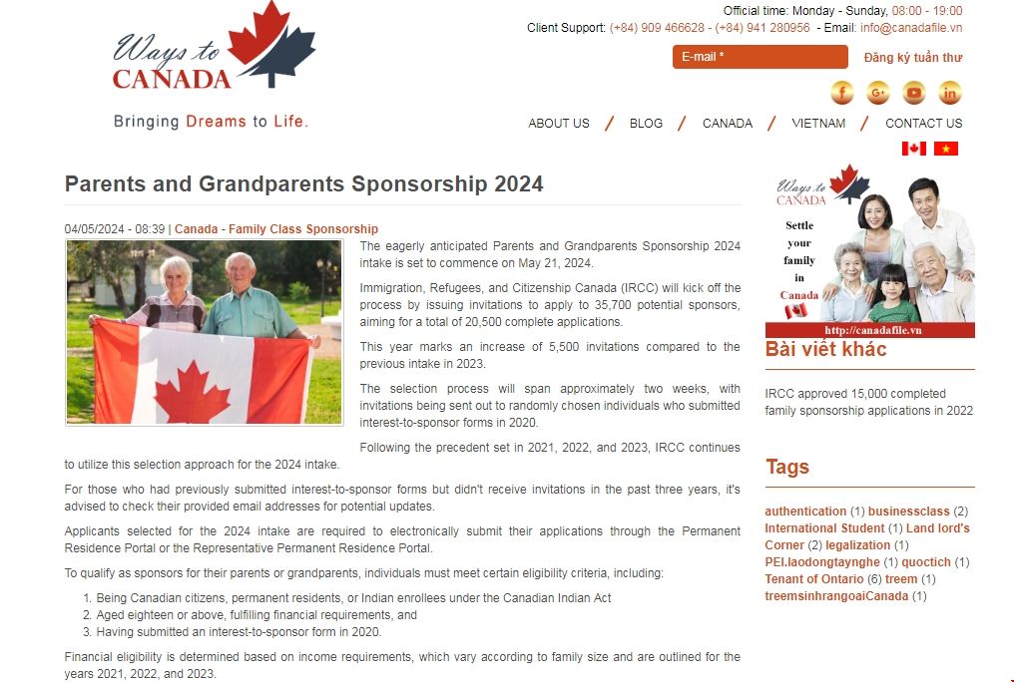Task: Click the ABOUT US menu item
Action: [558, 124]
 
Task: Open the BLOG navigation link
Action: [646, 124]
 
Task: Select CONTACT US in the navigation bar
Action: [923, 124]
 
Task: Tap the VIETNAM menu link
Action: [817, 124]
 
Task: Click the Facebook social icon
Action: [842, 93]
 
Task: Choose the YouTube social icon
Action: [914, 93]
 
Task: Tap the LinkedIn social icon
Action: [950, 93]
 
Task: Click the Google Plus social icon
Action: [878, 93]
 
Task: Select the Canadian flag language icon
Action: [913, 149]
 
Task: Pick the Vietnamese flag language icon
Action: [945, 149]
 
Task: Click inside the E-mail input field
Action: [760, 57]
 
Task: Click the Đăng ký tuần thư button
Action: [912, 58]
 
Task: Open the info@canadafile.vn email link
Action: [910, 28]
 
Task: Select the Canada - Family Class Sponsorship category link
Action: [276, 229]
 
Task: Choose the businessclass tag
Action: [908, 511]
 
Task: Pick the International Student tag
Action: [824, 528]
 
